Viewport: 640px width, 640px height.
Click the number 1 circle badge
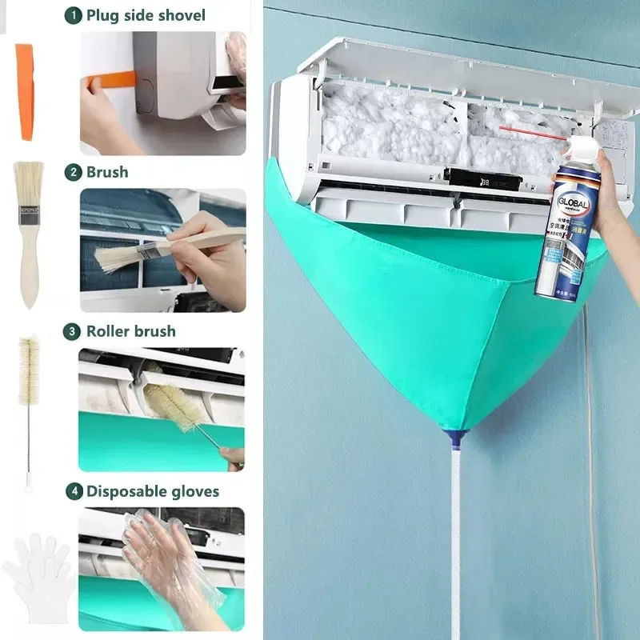click(73, 14)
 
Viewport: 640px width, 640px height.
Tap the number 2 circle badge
click(73, 171)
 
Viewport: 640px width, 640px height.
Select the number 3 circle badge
click(73, 330)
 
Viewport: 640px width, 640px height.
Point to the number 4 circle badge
click(73, 491)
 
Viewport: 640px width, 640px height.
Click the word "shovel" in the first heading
click(178, 14)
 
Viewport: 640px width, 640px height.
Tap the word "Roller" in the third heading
click(112, 330)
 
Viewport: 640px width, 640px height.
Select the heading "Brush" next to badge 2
click(107, 171)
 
